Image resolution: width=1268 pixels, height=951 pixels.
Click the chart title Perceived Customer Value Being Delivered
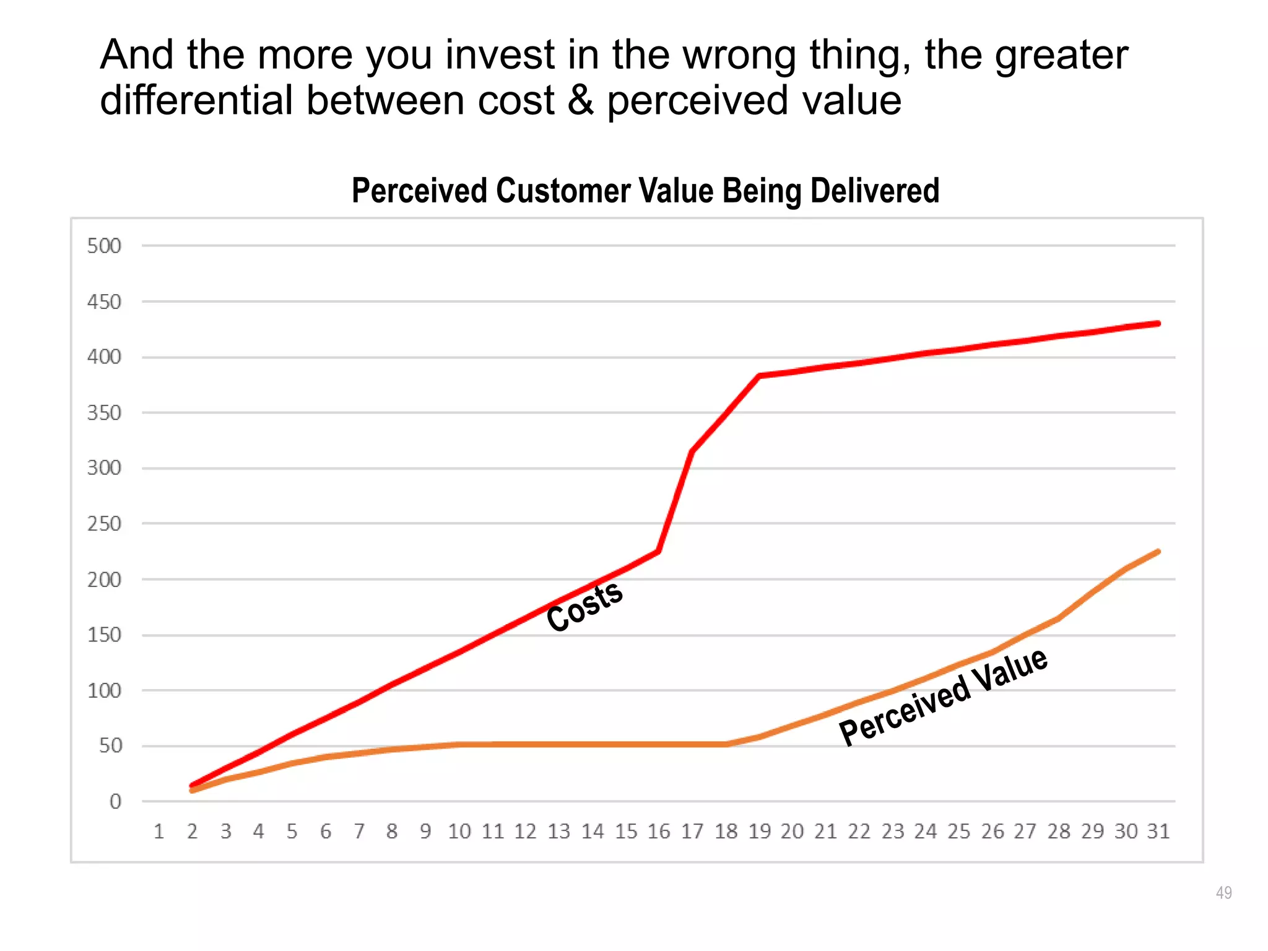(x=645, y=191)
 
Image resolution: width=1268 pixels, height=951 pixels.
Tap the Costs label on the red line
(x=584, y=607)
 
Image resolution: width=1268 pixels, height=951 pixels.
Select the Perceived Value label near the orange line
(x=943, y=697)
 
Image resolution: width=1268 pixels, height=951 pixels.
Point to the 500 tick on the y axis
(x=104, y=246)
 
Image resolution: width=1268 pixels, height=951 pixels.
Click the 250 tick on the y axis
(x=104, y=524)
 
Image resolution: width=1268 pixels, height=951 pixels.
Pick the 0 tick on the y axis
(x=115, y=802)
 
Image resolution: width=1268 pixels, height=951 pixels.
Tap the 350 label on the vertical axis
(x=104, y=413)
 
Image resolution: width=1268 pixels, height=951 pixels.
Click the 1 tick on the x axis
(x=158, y=832)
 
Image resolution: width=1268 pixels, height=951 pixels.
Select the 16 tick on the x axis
(x=659, y=832)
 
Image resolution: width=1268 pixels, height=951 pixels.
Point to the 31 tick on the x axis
(x=1158, y=832)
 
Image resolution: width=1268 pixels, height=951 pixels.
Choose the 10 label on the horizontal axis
(x=459, y=832)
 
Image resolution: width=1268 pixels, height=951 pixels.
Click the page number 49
(x=1223, y=893)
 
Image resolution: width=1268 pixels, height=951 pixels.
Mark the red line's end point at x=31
(x=1158, y=323)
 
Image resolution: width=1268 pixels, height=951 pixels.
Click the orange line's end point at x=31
(x=1158, y=551)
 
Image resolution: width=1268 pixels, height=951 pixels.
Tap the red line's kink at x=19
(x=759, y=376)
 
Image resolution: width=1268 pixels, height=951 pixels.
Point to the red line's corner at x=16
(x=659, y=551)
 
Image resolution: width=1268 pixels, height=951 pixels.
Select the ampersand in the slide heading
(x=580, y=100)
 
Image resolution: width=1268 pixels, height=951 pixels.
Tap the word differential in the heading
(x=196, y=100)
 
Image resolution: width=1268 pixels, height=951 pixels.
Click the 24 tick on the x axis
(x=926, y=832)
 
